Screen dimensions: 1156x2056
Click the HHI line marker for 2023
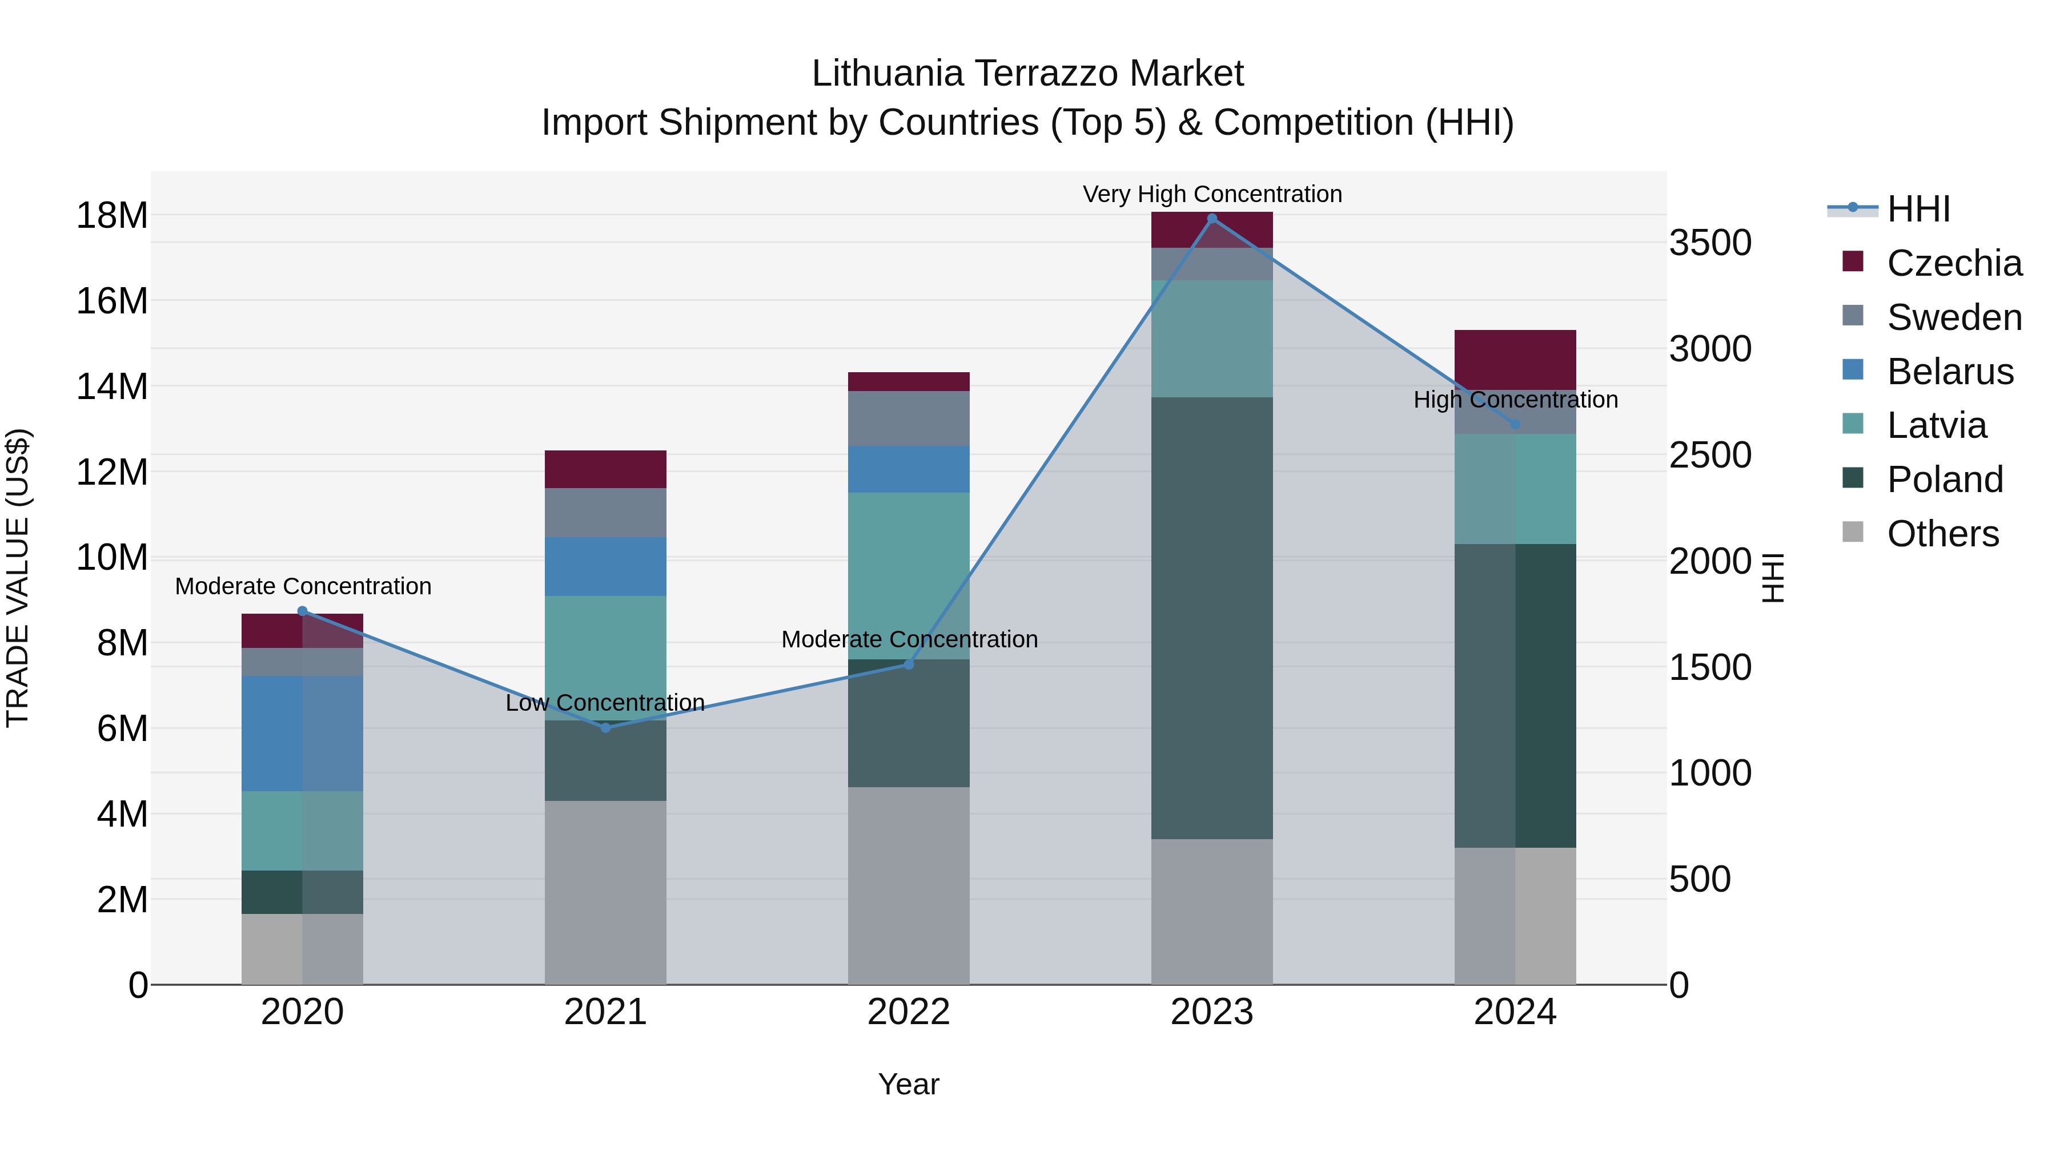point(1211,219)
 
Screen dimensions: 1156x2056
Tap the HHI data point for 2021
point(605,728)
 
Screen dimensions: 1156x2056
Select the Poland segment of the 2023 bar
point(1211,618)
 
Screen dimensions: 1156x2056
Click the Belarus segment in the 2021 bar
point(605,566)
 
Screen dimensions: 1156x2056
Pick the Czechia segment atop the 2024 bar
point(1515,360)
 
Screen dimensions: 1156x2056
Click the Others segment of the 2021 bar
point(605,892)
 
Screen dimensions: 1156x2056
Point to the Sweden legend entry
point(1954,317)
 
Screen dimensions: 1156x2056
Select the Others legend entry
point(1943,534)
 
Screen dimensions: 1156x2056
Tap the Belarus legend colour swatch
point(1853,370)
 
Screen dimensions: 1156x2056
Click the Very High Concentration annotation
point(1211,194)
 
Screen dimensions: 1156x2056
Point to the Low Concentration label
point(605,703)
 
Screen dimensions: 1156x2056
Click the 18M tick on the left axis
point(112,215)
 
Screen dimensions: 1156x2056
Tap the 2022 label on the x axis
point(908,1012)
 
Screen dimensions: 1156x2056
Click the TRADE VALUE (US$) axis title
point(18,578)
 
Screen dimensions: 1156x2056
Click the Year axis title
point(908,1084)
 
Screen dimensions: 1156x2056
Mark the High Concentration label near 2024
point(1515,400)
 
